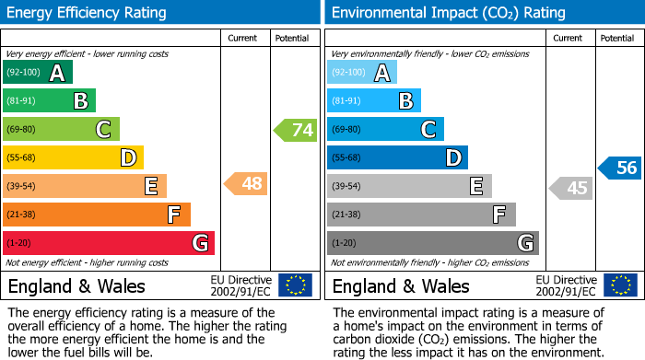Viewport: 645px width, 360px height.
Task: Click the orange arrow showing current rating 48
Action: tap(246, 184)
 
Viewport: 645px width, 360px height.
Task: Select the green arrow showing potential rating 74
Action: tap(296, 130)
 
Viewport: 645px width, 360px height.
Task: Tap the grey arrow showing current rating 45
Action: tap(570, 188)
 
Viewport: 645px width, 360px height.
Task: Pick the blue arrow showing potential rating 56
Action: tap(620, 168)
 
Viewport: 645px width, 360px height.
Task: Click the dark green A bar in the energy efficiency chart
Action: tap(37, 73)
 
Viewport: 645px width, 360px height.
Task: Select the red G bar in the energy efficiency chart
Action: tap(108, 243)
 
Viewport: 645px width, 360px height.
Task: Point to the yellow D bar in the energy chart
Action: tap(73, 158)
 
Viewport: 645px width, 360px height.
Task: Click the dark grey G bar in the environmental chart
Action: tap(432, 243)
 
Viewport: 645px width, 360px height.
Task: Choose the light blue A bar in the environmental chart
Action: tap(362, 73)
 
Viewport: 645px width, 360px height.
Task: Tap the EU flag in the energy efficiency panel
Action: tap(295, 285)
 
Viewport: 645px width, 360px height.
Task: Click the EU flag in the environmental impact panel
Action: tap(621, 285)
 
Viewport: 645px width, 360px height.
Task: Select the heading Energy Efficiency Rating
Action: tap(88, 13)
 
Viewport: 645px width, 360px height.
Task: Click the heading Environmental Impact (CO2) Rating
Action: tap(448, 13)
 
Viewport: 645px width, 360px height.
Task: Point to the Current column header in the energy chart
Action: tap(244, 38)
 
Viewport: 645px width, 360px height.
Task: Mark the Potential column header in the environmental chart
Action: tap(617, 38)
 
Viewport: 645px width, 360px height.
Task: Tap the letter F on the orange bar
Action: tap(173, 215)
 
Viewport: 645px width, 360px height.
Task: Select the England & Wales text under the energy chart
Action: tap(76, 285)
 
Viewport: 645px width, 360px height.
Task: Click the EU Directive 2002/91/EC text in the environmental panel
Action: tap(566, 285)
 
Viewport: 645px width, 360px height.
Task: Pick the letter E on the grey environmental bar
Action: tap(476, 187)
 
